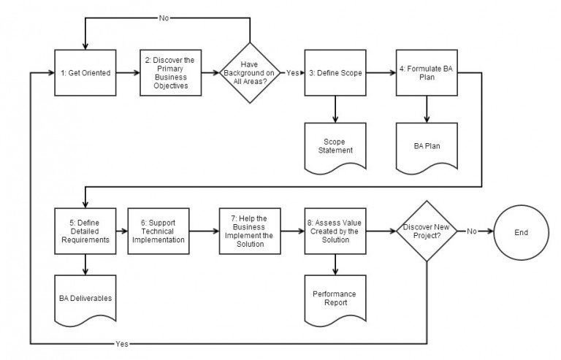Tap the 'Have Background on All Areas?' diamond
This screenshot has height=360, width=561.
point(250,73)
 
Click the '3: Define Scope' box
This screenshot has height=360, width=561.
point(335,73)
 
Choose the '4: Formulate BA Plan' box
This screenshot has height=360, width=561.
point(426,73)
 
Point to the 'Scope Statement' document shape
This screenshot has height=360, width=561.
point(335,146)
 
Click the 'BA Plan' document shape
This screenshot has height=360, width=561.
point(426,145)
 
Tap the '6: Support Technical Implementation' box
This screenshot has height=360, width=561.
point(158,231)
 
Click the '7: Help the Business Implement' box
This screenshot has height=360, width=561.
point(250,231)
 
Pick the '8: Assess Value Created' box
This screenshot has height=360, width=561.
point(335,231)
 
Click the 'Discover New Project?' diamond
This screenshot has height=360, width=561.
point(427,231)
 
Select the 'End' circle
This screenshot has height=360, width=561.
point(520,231)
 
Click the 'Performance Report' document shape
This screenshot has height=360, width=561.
point(335,298)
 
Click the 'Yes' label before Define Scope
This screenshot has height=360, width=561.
point(292,73)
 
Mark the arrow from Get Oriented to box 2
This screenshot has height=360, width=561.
point(128,73)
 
